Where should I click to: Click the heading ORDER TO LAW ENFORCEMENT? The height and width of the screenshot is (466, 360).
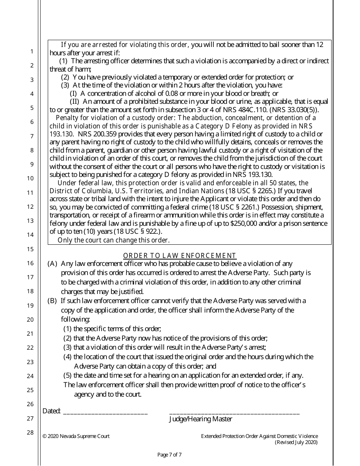click(x=180, y=256)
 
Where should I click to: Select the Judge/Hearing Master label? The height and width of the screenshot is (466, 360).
click(x=200, y=419)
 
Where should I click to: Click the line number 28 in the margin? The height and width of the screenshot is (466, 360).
click(x=32, y=433)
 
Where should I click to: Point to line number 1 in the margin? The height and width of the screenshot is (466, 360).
click(x=32, y=52)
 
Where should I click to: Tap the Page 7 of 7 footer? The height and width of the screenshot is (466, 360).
click(x=169, y=455)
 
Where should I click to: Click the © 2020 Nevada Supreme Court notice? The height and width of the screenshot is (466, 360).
click(x=76, y=436)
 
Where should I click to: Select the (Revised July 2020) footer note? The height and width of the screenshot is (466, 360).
click(x=296, y=442)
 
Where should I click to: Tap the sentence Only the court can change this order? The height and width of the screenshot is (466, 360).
click(x=114, y=240)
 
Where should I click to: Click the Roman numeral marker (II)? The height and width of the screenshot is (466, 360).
click(x=75, y=102)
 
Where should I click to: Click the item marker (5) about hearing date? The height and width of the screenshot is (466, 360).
click(x=67, y=375)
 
